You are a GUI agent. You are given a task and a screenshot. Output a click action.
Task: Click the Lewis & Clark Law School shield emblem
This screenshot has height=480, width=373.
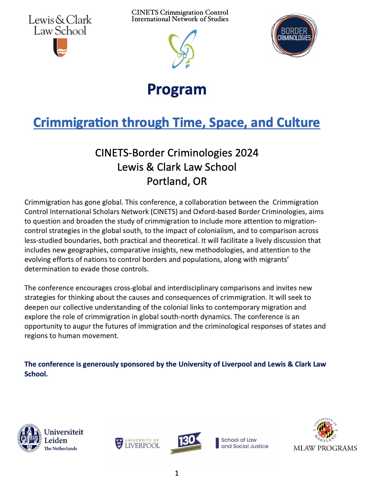tap(60, 48)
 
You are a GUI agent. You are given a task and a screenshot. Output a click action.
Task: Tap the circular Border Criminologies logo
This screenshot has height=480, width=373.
tap(294, 35)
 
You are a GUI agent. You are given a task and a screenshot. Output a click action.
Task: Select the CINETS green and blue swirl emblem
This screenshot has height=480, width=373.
tap(183, 49)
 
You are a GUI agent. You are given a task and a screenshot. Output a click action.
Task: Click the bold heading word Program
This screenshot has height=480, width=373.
tap(177, 89)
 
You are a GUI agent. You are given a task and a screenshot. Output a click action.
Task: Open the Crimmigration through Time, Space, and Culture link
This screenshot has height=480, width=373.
tap(177, 123)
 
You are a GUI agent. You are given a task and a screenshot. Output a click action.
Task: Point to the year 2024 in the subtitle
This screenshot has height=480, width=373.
tap(247, 153)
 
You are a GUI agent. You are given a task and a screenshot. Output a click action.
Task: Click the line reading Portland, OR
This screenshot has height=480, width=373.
tap(177, 181)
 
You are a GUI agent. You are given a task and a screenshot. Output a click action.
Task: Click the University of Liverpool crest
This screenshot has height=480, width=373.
tap(119, 443)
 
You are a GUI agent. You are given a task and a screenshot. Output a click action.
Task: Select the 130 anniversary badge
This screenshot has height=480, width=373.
tap(186, 442)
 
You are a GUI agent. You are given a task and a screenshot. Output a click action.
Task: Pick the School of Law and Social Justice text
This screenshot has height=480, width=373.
tap(244, 443)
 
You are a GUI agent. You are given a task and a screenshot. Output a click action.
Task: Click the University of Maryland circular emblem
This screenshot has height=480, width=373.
tap(325, 430)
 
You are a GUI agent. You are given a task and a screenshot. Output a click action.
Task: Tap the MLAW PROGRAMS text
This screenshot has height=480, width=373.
tap(325, 448)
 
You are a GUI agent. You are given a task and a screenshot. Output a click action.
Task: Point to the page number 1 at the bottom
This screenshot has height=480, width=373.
tap(177, 473)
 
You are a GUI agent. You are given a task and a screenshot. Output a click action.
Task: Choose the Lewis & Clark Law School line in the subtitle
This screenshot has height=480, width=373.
tap(177, 167)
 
